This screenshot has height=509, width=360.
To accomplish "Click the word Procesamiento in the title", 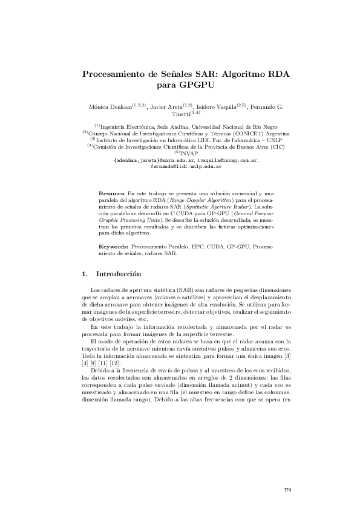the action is coord(113,75).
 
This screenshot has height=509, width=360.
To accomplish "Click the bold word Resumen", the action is coord(111,192).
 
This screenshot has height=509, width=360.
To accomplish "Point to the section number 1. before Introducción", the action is coord(85,274).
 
